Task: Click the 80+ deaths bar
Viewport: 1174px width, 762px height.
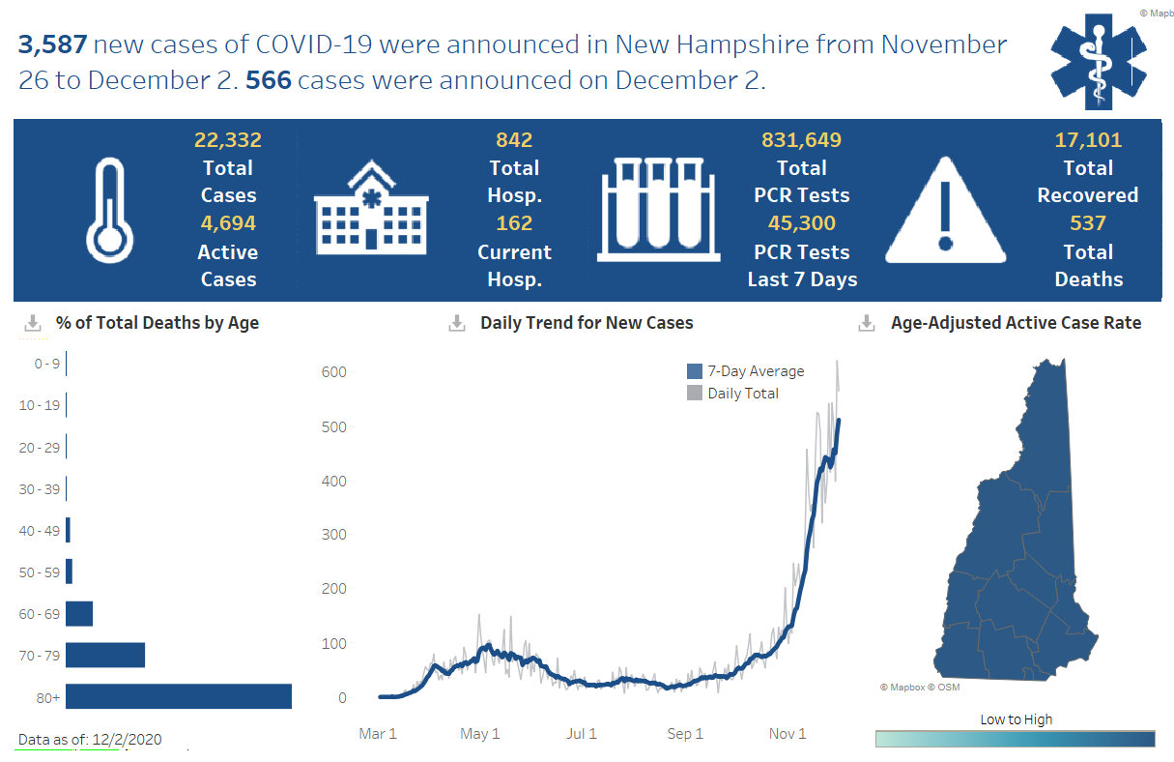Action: pyautogui.click(x=179, y=696)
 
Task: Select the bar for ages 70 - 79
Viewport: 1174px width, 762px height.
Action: pyautogui.click(x=105, y=655)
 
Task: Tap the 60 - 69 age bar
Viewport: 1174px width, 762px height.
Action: pyautogui.click(x=79, y=614)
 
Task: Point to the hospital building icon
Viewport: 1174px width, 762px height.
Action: pyautogui.click(x=371, y=208)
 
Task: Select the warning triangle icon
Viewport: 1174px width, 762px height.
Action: pyautogui.click(x=946, y=211)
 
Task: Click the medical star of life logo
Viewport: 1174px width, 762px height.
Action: pyautogui.click(x=1099, y=60)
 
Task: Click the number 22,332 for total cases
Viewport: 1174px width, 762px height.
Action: pyautogui.click(x=228, y=140)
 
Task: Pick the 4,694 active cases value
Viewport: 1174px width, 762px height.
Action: pyautogui.click(x=228, y=223)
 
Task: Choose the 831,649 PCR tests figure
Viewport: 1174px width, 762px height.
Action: pyautogui.click(x=802, y=140)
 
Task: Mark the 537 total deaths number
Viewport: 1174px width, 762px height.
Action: pyautogui.click(x=1088, y=223)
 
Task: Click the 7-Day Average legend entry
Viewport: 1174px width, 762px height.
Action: pyautogui.click(x=745, y=371)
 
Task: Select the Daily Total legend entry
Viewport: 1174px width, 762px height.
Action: pyautogui.click(x=733, y=393)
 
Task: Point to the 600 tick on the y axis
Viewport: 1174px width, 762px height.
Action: pyautogui.click(x=334, y=372)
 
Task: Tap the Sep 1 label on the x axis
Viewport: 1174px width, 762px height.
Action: pyautogui.click(x=684, y=734)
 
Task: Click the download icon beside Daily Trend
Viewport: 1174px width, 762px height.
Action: pyautogui.click(x=458, y=323)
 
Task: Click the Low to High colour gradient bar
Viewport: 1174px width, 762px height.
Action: pyautogui.click(x=1015, y=739)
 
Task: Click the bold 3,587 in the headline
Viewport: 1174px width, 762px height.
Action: pyautogui.click(x=53, y=44)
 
